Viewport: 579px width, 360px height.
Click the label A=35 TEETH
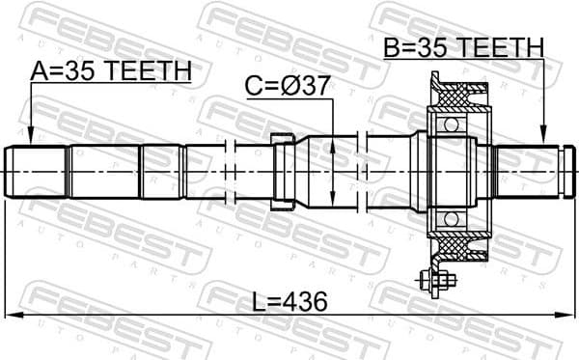[x=110, y=70]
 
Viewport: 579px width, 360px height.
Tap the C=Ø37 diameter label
[x=287, y=86]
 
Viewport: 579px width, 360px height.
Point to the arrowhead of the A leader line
[x=31, y=140]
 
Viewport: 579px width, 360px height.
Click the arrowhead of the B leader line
[x=543, y=139]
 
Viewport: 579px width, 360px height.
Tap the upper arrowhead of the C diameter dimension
[x=333, y=141]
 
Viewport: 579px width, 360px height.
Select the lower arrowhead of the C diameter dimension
[x=333, y=204]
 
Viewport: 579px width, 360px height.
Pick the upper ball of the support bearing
[x=447, y=126]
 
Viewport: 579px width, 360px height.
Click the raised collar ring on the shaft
[x=282, y=172]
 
